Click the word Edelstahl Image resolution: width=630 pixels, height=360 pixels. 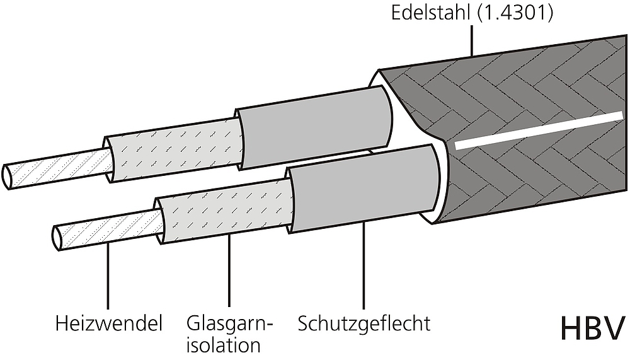click(430, 13)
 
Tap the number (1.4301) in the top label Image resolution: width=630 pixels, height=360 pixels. click(515, 13)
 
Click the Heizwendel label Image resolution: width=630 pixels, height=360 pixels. click(109, 324)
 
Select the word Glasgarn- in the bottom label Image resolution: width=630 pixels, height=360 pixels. click(229, 324)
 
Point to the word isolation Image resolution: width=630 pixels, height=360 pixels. click(224, 345)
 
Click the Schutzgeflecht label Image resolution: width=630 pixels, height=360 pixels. click(364, 324)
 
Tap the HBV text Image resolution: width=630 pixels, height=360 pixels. click(593, 328)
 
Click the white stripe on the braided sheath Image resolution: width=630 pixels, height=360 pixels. click(539, 131)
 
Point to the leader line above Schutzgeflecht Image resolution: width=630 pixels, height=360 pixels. click(364, 265)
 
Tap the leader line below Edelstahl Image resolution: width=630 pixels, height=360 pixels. click(472, 40)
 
